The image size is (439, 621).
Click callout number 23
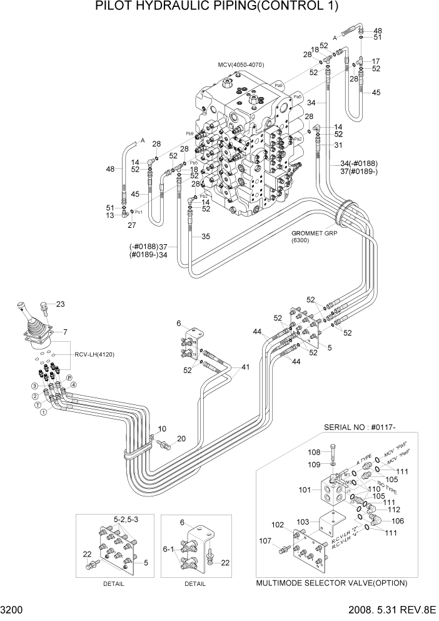point(60,304)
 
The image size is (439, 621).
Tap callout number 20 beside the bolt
point(181,439)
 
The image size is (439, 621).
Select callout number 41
point(245,367)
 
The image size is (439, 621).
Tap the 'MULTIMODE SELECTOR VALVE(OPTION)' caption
point(331,583)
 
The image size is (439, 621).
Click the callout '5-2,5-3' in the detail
point(126,519)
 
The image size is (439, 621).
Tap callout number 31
point(338,145)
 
